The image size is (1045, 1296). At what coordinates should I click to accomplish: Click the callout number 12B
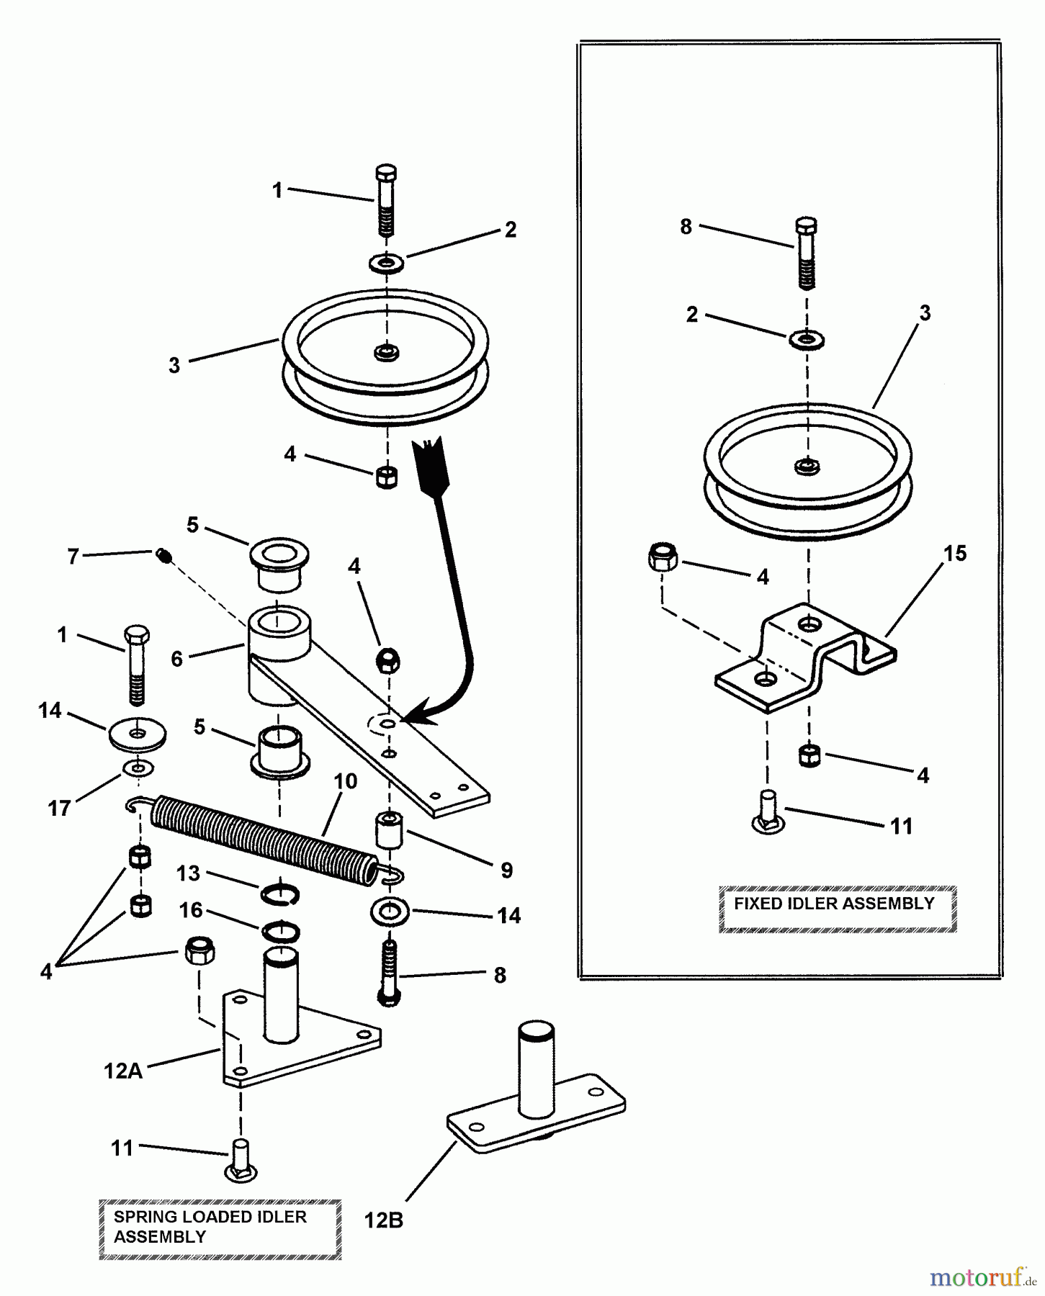383,1221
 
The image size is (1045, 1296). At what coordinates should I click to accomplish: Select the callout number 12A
123,1071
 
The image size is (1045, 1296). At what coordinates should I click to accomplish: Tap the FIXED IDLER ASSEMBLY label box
837,909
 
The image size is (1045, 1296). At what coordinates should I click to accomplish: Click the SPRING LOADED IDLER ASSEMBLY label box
220,1228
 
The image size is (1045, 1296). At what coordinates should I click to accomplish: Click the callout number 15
956,554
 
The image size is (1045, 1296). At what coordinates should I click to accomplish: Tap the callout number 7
73,557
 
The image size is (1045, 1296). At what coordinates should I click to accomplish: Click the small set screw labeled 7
164,555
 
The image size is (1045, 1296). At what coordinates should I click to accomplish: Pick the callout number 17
59,808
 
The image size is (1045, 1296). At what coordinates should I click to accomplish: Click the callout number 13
188,873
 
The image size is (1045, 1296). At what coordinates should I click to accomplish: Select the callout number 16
191,910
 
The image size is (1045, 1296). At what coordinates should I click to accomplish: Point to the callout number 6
176,658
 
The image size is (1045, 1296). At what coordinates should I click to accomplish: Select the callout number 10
346,781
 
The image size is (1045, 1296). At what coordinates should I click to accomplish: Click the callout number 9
506,870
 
